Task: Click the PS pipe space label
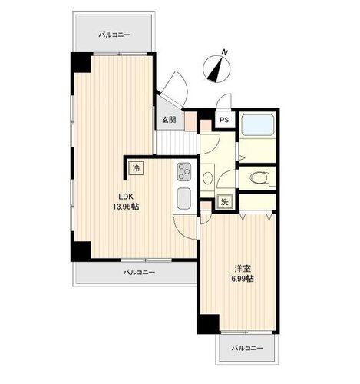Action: tap(224, 120)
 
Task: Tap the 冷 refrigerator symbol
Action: tap(137, 168)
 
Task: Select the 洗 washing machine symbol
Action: tap(224, 202)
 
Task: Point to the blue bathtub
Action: tap(258, 124)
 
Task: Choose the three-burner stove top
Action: tap(184, 171)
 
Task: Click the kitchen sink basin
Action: tap(183, 198)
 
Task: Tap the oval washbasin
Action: tap(207, 178)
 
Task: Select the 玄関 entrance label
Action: tap(169, 119)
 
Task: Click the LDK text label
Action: tap(126, 197)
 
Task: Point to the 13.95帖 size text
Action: tap(126, 207)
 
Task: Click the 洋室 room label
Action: tap(243, 269)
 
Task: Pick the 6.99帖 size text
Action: tap(243, 279)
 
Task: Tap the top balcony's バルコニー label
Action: tap(114, 35)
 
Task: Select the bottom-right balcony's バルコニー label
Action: tap(247, 348)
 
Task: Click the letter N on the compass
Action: tap(225, 52)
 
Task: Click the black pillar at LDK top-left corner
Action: tap(81, 63)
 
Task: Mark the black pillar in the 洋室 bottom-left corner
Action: tap(209, 324)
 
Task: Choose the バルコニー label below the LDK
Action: tap(139, 272)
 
